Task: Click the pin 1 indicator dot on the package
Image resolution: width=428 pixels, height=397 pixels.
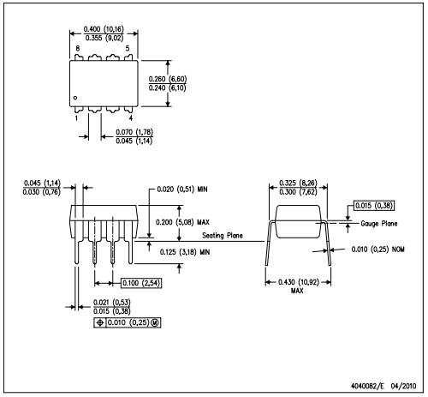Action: click(x=75, y=98)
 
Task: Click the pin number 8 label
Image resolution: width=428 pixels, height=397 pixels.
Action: click(x=78, y=49)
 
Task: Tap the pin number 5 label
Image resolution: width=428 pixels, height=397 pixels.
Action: click(x=128, y=49)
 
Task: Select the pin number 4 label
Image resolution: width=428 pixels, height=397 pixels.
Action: click(x=131, y=117)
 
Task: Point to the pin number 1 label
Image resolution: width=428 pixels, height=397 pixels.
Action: click(x=76, y=117)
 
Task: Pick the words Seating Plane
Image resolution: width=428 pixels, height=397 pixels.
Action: click(x=223, y=236)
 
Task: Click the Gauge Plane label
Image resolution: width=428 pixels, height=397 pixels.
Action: click(x=379, y=224)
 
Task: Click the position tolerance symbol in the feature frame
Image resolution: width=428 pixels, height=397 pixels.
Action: click(x=100, y=322)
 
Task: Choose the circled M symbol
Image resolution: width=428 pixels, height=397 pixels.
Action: click(x=155, y=322)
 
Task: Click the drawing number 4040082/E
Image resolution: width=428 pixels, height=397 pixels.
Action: click(x=367, y=386)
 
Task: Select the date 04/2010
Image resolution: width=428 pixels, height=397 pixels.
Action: click(x=403, y=386)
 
